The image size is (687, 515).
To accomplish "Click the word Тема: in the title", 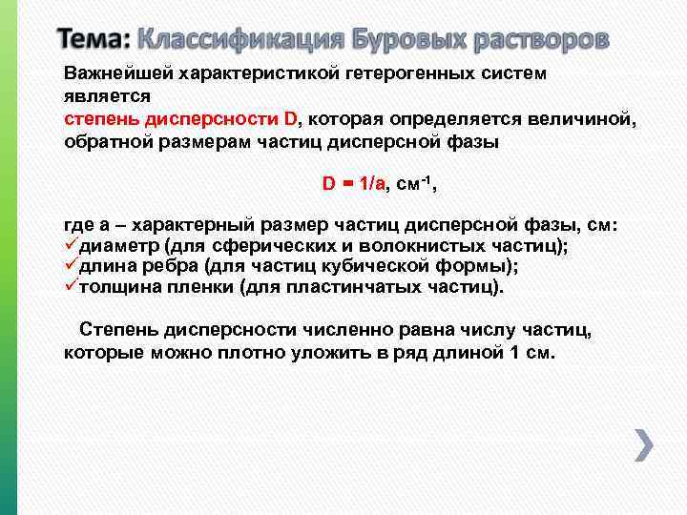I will click(94, 40).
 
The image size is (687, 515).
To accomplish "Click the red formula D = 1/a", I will click(353, 185).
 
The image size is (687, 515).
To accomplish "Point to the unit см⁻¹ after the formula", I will click(414, 183).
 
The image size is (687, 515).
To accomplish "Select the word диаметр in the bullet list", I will click(119, 247).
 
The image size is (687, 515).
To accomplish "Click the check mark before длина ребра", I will click(71, 266).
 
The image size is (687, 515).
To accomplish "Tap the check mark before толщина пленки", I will click(71, 287).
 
